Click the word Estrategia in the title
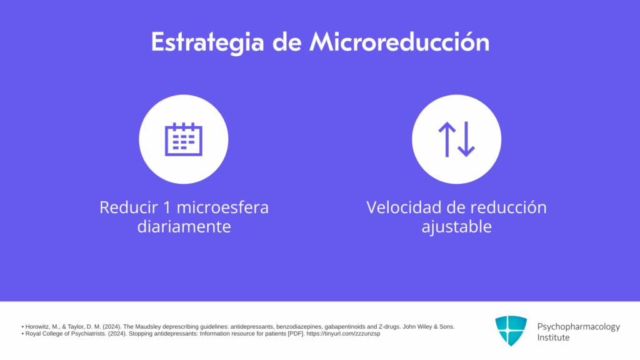(207, 42)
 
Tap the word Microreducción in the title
(399, 42)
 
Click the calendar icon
(184, 139)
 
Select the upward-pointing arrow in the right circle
(447, 139)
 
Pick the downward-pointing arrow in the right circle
(466, 139)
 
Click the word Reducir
(129, 207)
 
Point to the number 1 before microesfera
(166, 207)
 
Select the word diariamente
(184, 226)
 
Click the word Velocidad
(404, 207)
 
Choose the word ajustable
(456, 227)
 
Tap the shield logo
(511, 331)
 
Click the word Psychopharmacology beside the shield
(578, 327)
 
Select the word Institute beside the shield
(553, 337)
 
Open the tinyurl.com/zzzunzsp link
(343, 334)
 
